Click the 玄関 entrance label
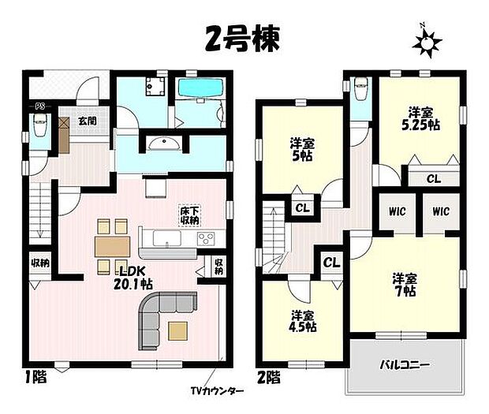(87, 121)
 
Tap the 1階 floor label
(35, 377)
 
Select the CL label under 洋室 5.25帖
(433, 179)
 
